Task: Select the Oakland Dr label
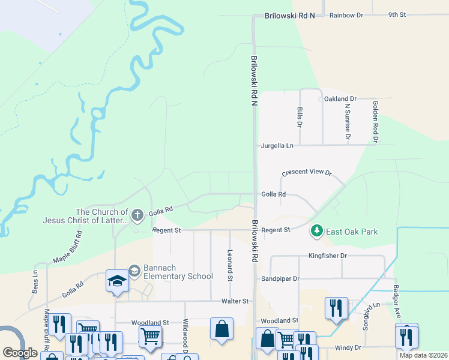click(x=340, y=98)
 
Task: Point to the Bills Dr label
click(x=299, y=117)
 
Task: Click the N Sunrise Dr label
click(x=347, y=122)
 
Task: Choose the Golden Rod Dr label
click(x=376, y=121)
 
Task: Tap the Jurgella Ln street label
click(x=277, y=146)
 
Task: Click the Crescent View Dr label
click(x=306, y=172)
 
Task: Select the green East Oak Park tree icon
click(x=316, y=230)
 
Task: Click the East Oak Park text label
click(x=352, y=231)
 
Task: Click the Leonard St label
click(x=230, y=265)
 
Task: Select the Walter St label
click(x=235, y=301)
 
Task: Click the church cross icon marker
click(x=137, y=214)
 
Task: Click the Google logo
click(x=20, y=353)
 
